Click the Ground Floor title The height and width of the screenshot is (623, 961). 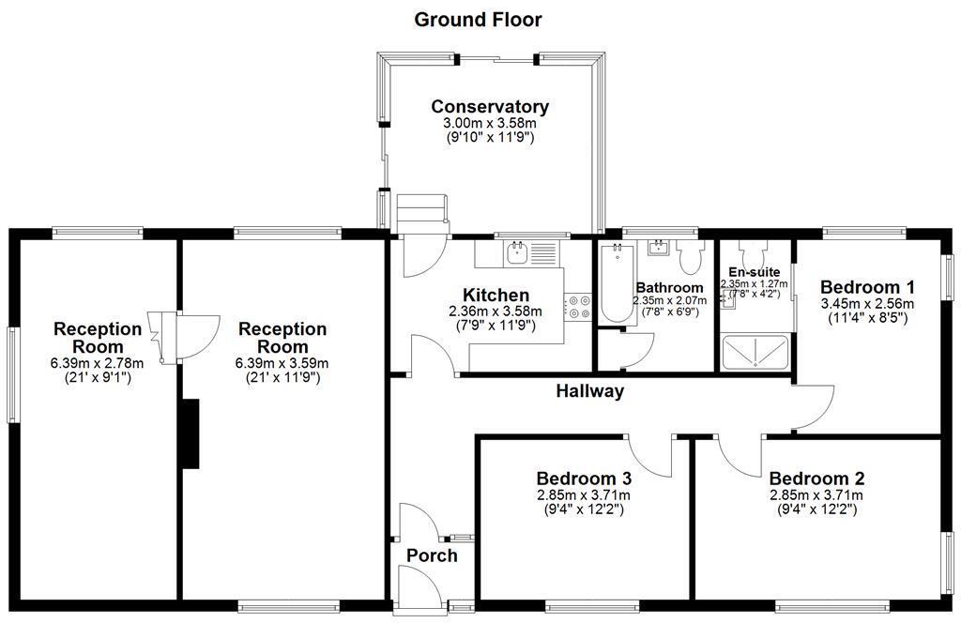(x=478, y=19)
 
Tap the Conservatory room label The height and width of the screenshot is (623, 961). (x=489, y=107)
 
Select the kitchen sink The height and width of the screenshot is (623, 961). (x=517, y=251)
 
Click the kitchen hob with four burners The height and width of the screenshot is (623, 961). (x=575, y=307)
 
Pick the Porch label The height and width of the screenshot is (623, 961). (x=432, y=555)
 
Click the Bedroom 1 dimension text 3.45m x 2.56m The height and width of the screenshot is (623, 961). (x=867, y=304)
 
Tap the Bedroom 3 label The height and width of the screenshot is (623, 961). (x=583, y=478)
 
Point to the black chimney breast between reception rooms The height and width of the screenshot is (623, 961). (x=191, y=433)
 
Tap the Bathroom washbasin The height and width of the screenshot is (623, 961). (x=660, y=248)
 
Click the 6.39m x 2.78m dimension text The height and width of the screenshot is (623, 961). (x=98, y=364)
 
